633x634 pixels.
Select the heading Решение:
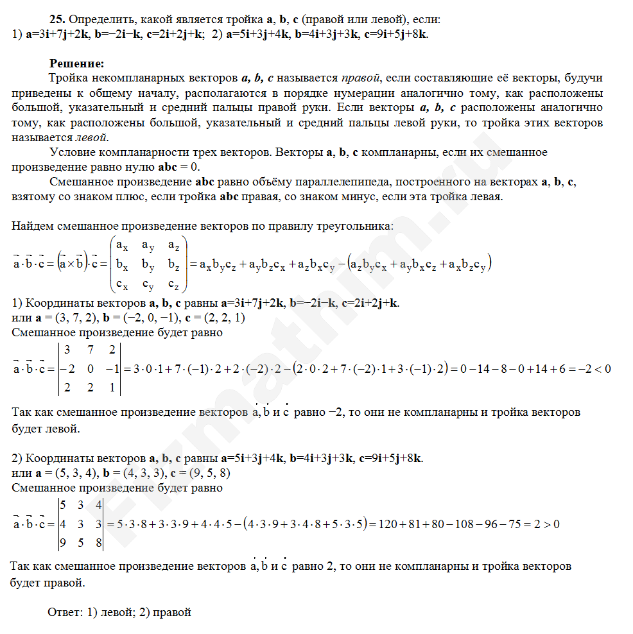[x=76, y=64]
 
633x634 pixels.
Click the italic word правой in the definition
[x=361, y=78]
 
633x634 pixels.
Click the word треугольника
[x=353, y=226]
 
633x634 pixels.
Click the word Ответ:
[x=64, y=612]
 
